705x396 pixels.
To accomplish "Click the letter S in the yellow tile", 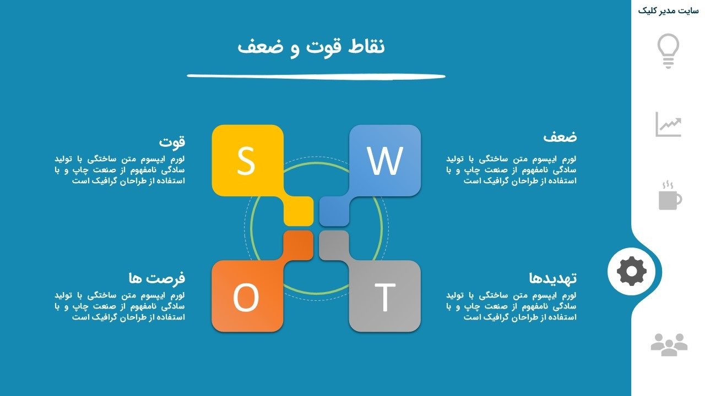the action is (246, 161).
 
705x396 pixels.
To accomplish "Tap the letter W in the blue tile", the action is (384, 161).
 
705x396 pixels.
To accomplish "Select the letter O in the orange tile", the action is (246, 297).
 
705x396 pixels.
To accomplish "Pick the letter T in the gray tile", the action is (384, 297).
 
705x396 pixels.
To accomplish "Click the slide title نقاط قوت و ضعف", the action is (311, 47).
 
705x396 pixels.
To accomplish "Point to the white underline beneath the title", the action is (316, 76).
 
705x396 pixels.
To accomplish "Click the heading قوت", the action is (172, 141).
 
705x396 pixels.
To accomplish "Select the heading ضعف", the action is (560, 137).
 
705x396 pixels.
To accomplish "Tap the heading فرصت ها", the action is (157, 278).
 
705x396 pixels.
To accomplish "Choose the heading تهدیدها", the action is (552, 278).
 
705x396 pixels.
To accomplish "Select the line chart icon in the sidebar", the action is (669, 124).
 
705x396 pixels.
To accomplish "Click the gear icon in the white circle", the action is (632, 271).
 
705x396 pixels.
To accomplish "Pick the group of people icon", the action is (669, 345).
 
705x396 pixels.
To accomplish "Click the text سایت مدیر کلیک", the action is (668, 11).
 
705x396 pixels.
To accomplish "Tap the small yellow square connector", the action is (299, 211).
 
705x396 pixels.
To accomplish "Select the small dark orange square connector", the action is (298, 245).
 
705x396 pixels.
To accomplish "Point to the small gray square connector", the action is (334, 245).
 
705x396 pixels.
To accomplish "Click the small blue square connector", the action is (334, 211).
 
